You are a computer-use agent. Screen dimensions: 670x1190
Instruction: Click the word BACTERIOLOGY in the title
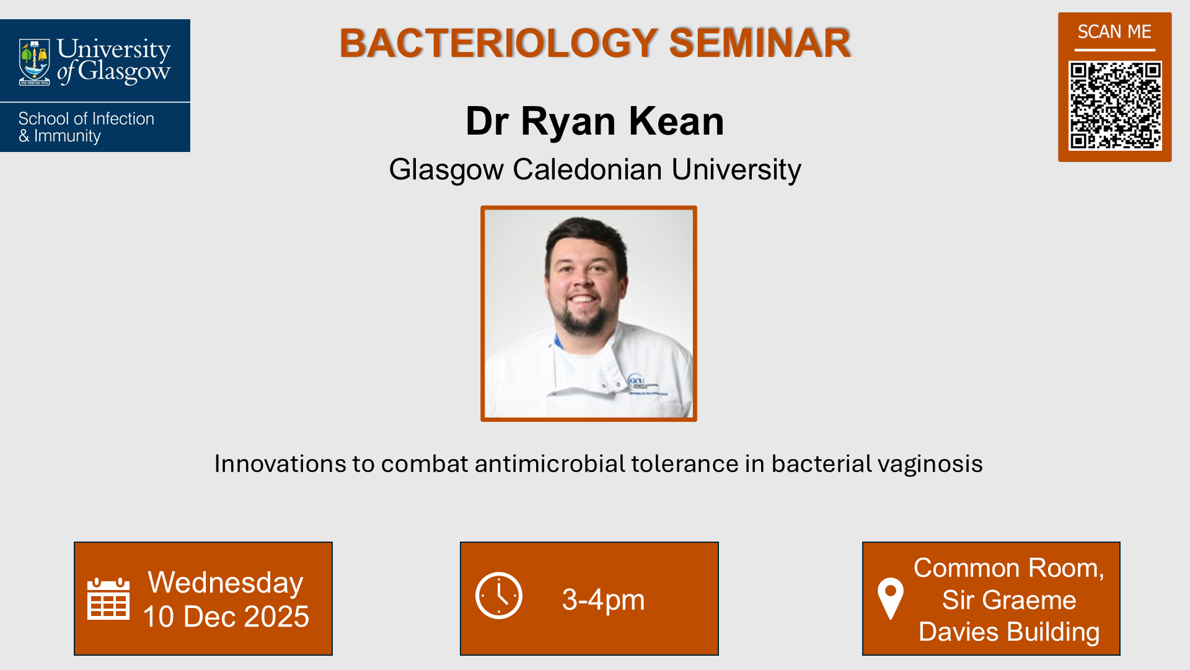click(498, 43)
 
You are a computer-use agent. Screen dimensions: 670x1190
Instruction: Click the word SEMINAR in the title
click(760, 43)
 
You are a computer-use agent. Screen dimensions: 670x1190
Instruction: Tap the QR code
click(1114, 105)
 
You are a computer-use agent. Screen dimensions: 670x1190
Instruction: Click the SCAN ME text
click(1114, 32)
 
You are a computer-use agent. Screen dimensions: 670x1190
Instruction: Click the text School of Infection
click(86, 118)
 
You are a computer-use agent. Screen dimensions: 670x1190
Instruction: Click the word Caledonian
click(587, 169)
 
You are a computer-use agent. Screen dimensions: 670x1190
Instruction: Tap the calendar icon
click(108, 599)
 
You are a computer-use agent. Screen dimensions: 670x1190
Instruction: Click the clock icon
click(499, 596)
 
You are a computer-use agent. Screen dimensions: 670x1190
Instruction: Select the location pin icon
click(891, 598)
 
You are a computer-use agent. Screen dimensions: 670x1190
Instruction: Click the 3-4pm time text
click(603, 600)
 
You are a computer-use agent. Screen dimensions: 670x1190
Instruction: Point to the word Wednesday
click(226, 583)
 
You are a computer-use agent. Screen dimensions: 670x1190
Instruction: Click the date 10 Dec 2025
click(226, 617)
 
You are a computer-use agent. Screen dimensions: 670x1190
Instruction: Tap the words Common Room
click(1008, 568)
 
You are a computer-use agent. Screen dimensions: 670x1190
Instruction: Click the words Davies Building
click(1009, 632)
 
